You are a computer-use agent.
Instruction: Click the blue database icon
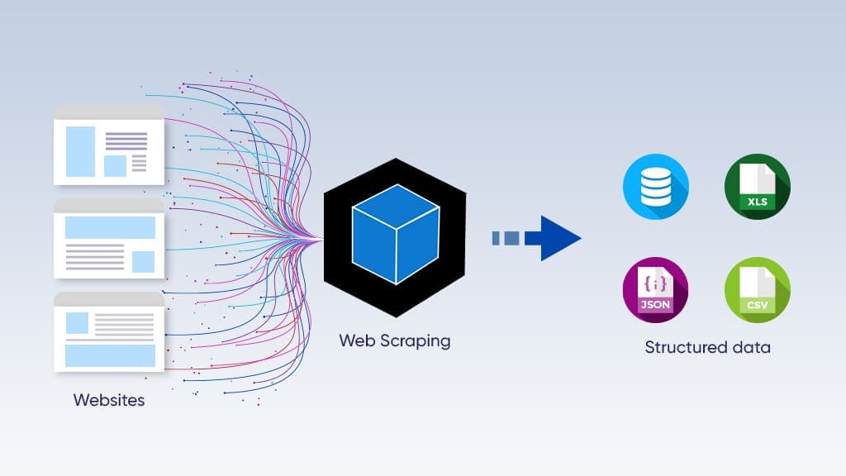coord(655,187)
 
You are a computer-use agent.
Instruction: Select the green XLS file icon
coord(757,187)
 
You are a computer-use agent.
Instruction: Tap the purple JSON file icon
coord(655,290)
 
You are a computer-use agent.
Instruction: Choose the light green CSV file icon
coord(757,290)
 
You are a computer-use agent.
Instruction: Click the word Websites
coord(109,401)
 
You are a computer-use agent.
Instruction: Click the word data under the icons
coord(750,347)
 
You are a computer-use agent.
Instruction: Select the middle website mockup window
coord(109,239)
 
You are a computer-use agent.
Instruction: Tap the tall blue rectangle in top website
coord(80,151)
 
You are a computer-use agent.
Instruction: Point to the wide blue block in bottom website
coord(110,355)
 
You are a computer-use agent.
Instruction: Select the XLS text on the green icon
coord(757,202)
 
